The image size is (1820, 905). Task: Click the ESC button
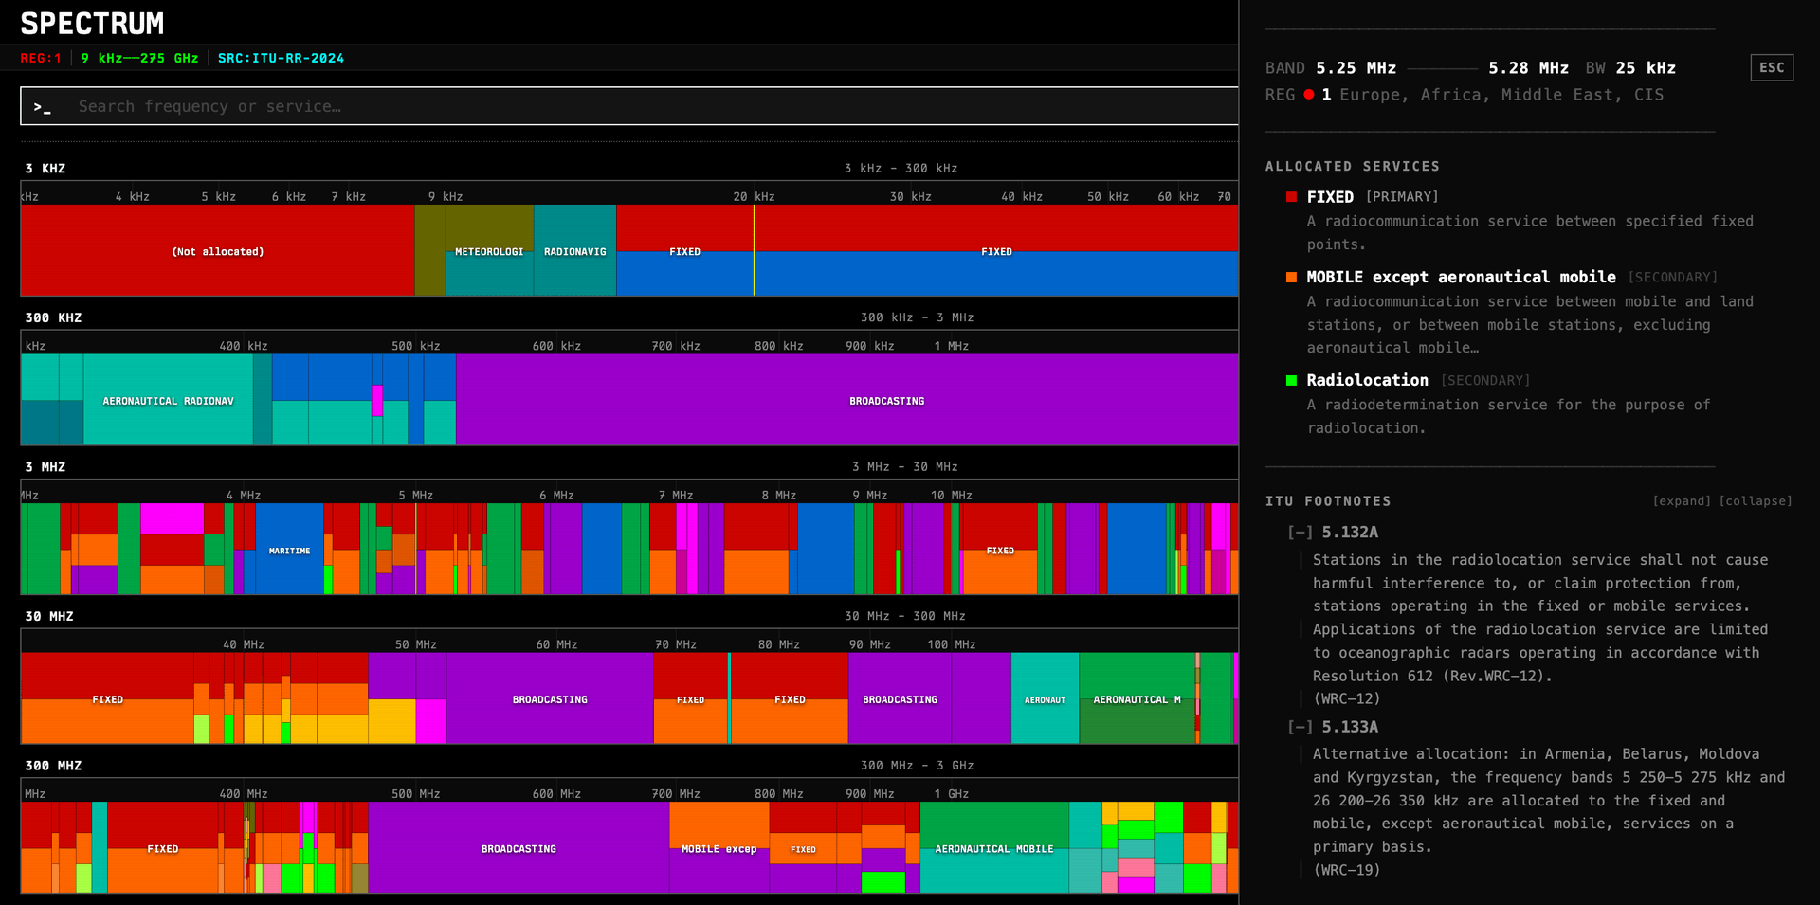(x=1771, y=67)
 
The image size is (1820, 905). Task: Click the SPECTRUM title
(x=92, y=23)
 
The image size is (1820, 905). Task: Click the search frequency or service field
(x=626, y=106)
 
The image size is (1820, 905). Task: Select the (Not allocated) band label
(x=218, y=251)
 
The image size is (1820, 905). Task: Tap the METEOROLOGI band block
(x=489, y=251)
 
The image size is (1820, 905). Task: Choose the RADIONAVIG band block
(x=574, y=251)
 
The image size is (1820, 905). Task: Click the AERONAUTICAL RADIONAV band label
(x=168, y=401)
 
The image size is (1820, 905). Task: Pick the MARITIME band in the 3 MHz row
(x=289, y=551)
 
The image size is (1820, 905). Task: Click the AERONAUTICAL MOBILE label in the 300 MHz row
(x=993, y=849)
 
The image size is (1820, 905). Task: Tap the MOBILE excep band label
(x=719, y=849)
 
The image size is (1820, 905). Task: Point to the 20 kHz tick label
(x=754, y=196)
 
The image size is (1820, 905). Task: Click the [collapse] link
(x=1756, y=501)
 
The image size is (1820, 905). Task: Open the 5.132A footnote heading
(x=1350, y=533)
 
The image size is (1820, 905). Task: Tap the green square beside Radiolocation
(x=1291, y=380)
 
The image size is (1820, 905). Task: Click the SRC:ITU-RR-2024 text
(x=281, y=58)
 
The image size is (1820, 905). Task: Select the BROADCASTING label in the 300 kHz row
(x=886, y=401)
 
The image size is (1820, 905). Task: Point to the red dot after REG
(x=1309, y=95)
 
